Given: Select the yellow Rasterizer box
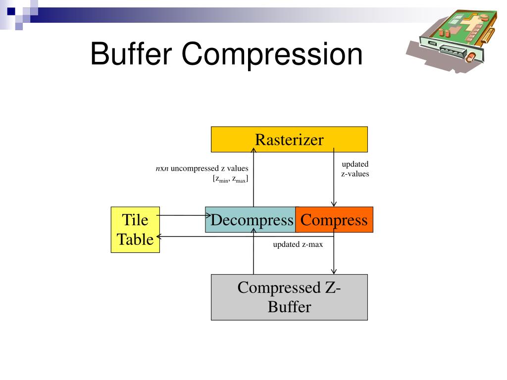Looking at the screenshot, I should (x=289, y=140).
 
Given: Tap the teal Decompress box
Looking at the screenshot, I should (x=251, y=220).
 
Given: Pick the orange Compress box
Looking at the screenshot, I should (x=334, y=220).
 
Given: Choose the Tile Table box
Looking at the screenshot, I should (x=135, y=230).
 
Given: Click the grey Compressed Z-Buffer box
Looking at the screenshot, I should (x=289, y=297).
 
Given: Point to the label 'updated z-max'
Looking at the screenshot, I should (x=298, y=244).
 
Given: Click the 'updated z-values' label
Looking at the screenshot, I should (x=355, y=169).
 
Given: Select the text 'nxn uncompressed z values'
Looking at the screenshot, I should (x=202, y=169).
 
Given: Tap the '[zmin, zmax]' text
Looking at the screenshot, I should (x=230, y=179).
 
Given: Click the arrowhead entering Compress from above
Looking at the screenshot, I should (x=334, y=204).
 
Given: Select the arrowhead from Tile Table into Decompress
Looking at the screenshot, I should (x=208, y=215).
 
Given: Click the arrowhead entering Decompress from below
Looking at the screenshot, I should (x=253, y=235).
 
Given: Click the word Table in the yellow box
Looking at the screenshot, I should (x=135, y=239).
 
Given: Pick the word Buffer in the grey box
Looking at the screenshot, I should (x=289, y=307).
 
